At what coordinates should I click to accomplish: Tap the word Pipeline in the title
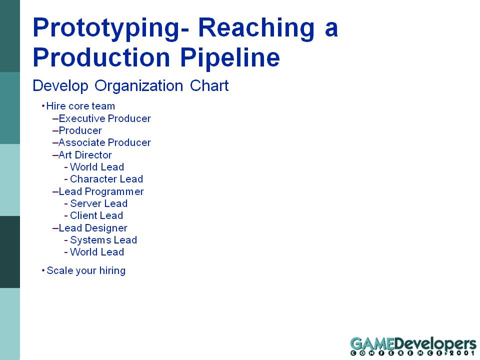(x=229, y=57)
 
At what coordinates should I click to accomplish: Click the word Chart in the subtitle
(x=209, y=85)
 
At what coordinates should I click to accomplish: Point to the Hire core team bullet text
(x=80, y=106)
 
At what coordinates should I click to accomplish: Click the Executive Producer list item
(x=104, y=118)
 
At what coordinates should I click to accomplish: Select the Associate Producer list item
(x=104, y=142)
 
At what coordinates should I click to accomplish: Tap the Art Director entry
(x=85, y=155)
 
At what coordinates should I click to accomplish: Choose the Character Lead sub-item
(x=106, y=179)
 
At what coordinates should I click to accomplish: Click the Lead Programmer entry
(x=101, y=192)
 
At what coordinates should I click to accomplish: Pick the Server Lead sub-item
(x=98, y=203)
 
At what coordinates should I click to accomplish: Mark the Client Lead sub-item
(x=96, y=215)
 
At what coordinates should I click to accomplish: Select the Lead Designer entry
(x=93, y=228)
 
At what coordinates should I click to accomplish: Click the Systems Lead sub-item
(x=103, y=240)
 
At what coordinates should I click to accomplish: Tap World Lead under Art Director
(x=96, y=167)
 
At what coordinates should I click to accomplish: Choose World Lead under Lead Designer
(x=96, y=252)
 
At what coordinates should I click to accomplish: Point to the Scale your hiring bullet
(x=86, y=271)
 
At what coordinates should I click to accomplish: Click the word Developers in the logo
(x=435, y=344)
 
